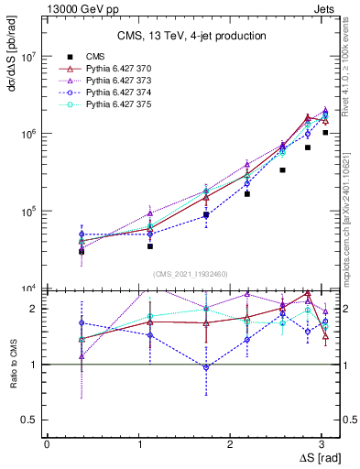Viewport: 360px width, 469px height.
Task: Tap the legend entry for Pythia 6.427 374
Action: [x=106, y=93]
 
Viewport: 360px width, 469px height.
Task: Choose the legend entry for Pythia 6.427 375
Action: [x=106, y=106]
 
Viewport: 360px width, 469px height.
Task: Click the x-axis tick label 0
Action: [x=46, y=443]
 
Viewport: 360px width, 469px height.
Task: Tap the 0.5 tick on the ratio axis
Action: [x=32, y=420]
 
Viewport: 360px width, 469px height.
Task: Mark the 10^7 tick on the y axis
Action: [x=30, y=56]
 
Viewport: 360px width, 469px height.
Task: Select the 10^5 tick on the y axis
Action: [x=30, y=211]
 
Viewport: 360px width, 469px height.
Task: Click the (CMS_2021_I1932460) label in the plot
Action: [x=191, y=273]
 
